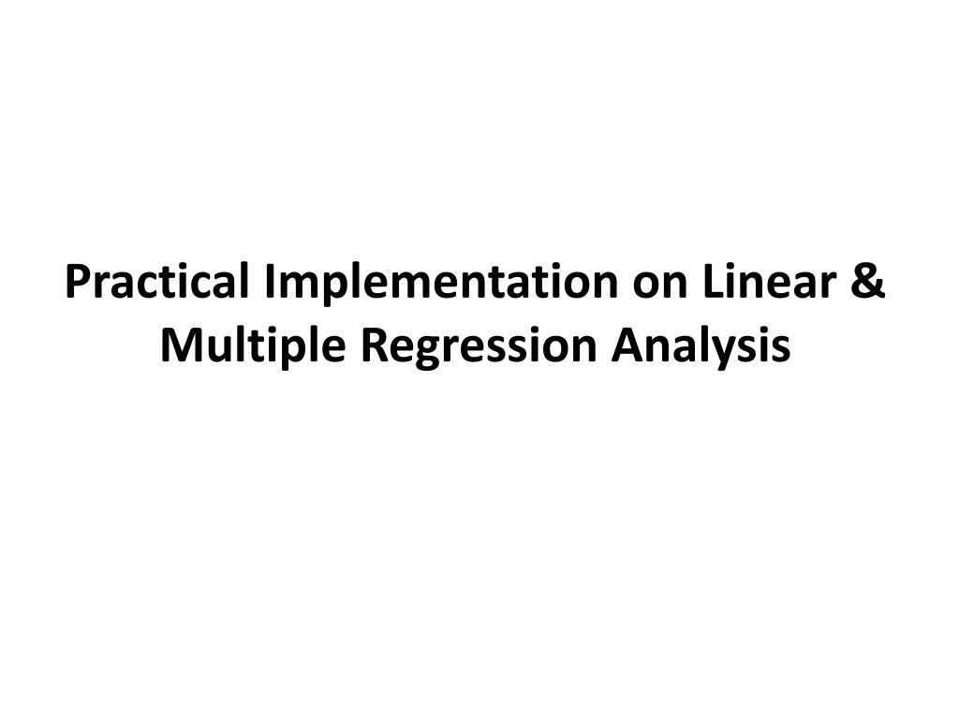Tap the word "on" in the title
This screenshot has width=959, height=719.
tap(660, 283)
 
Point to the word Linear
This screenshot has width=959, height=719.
tap(769, 283)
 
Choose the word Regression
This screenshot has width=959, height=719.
tap(478, 346)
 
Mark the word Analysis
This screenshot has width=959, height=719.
tap(701, 346)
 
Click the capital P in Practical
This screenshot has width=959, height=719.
tap(78, 283)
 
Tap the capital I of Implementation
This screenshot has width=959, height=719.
tap(271, 283)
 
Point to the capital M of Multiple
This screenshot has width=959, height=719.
tap(179, 346)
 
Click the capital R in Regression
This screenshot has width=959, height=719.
tap(370, 346)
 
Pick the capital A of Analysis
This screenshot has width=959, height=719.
tap(628, 346)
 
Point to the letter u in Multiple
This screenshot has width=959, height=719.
tap(216, 348)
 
